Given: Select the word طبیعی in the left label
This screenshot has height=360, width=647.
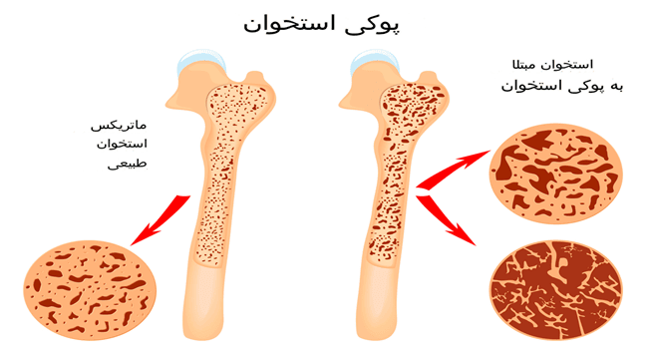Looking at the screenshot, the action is (128, 163).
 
